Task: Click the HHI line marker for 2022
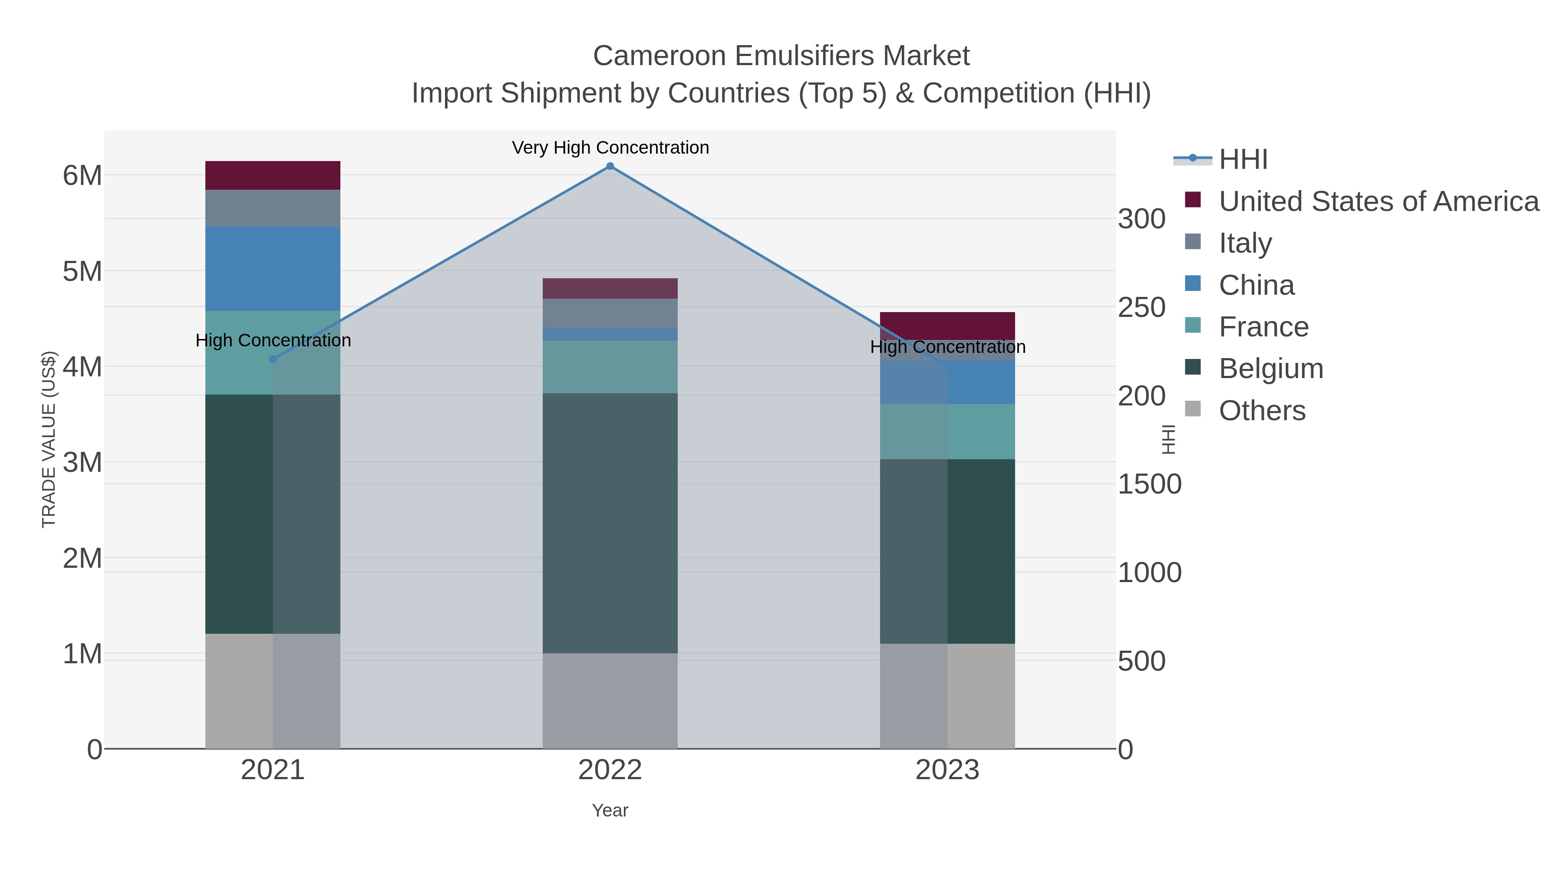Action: pyautogui.click(x=610, y=166)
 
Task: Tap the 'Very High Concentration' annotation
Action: pyautogui.click(x=610, y=148)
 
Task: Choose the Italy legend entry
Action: pyautogui.click(x=1245, y=243)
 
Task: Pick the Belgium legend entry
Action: pyautogui.click(x=1270, y=368)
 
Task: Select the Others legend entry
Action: pyautogui.click(x=1262, y=410)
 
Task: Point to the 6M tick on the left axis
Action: pyautogui.click(x=82, y=176)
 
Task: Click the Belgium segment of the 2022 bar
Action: pyautogui.click(x=610, y=523)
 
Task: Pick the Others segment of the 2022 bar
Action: pyautogui.click(x=610, y=701)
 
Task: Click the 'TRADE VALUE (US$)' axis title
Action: pyautogui.click(x=49, y=439)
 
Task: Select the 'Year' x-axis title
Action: pyautogui.click(x=610, y=810)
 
